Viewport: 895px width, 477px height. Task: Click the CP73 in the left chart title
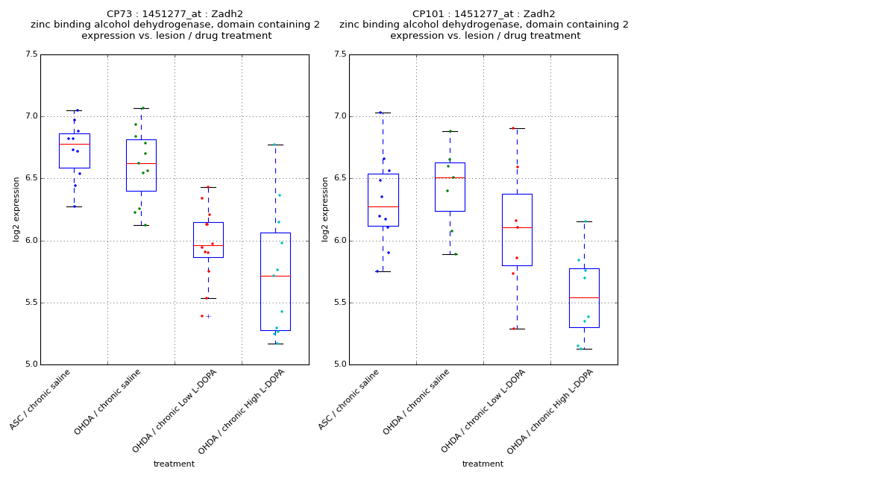[x=119, y=14]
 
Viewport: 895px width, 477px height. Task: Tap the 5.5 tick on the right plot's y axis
[x=339, y=303]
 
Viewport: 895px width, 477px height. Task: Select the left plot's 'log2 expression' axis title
[x=16, y=209]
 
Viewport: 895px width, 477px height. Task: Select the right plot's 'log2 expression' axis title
[x=325, y=209]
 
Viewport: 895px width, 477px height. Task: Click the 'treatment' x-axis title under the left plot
[x=174, y=464]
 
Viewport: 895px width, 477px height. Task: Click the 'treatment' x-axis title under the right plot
[x=483, y=464]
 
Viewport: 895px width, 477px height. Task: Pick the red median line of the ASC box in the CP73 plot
[x=74, y=144]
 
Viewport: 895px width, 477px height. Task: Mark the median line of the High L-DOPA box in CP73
[x=275, y=276]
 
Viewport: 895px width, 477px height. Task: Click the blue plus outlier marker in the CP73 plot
[x=208, y=316]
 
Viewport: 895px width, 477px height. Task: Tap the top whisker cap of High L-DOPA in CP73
[x=275, y=145]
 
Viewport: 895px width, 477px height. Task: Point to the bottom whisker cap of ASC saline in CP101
[x=383, y=271]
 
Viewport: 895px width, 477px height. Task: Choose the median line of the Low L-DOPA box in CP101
[x=517, y=227]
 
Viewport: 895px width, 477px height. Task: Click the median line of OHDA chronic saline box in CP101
[x=450, y=177]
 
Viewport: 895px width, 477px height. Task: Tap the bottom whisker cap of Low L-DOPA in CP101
[x=517, y=329]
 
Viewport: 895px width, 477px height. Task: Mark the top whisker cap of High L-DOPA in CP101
[x=584, y=221]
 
